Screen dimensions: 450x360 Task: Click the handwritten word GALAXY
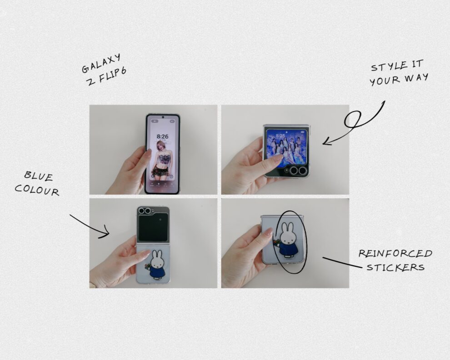click(101, 64)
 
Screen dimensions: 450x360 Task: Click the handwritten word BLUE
click(39, 176)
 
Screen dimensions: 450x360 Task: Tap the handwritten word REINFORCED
click(395, 253)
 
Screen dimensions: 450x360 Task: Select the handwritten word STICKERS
click(395, 267)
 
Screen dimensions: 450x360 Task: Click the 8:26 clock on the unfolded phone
click(162, 136)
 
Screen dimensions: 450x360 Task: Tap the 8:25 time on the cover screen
click(280, 135)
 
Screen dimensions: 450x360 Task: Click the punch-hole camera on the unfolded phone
click(163, 117)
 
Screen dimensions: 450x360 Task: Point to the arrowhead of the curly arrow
click(326, 142)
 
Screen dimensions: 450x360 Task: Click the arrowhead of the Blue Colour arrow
click(105, 232)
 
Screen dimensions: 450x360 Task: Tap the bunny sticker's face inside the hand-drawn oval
click(288, 238)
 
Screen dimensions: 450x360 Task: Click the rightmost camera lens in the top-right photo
click(302, 171)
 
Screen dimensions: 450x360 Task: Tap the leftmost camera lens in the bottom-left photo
click(141, 211)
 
